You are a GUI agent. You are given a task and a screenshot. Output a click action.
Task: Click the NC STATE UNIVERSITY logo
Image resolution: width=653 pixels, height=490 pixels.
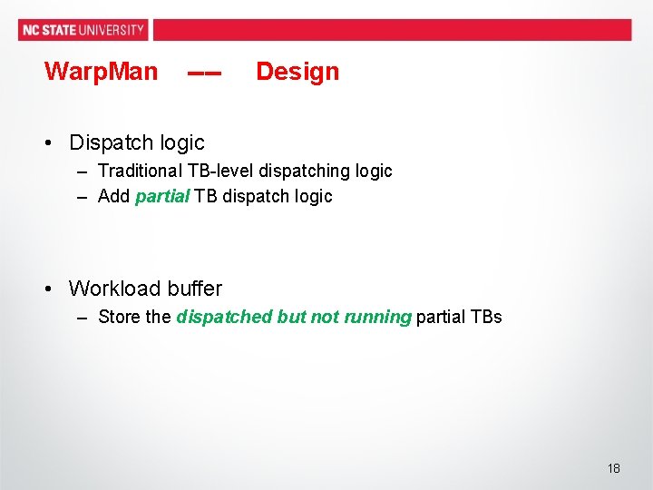(83, 29)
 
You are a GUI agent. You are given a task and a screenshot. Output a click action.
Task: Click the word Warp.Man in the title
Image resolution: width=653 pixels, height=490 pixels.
(101, 72)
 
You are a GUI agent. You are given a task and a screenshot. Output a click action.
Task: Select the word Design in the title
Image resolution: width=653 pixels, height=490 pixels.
(297, 72)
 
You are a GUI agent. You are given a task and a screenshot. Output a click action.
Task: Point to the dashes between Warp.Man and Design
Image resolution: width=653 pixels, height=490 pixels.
(204, 73)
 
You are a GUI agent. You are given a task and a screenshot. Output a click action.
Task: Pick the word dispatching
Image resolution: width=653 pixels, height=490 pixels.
(307, 171)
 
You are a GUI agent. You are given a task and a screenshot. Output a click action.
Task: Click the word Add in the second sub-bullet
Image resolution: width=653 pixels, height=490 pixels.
(113, 196)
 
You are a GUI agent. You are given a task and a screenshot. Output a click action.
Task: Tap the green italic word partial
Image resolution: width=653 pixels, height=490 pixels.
(162, 196)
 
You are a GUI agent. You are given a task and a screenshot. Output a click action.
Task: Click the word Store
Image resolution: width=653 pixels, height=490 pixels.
(119, 317)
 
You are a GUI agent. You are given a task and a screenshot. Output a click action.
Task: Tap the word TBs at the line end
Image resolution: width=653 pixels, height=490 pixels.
(486, 317)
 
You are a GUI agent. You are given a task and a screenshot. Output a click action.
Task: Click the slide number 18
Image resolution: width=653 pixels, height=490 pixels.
(614, 468)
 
